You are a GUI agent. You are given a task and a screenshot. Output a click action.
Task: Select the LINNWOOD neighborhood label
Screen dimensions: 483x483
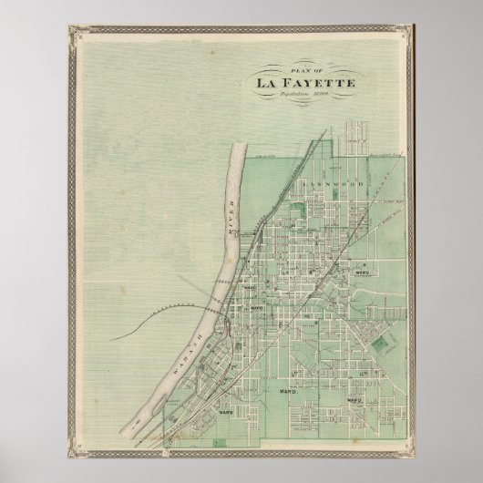[316, 184]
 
